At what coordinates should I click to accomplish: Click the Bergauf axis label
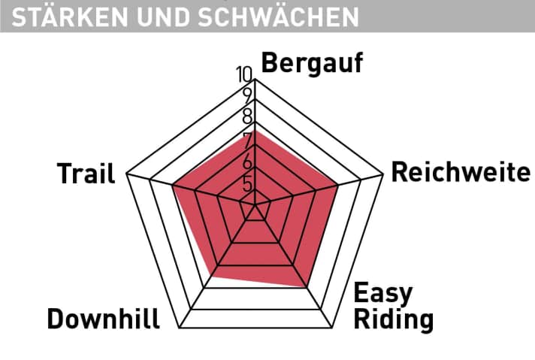(311, 65)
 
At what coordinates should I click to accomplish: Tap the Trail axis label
(86, 174)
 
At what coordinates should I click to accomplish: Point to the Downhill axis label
(103, 319)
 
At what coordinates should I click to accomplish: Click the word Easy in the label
(382, 293)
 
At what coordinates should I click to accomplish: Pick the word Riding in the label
(394, 319)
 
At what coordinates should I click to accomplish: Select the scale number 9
(247, 95)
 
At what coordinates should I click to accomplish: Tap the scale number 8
(247, 117)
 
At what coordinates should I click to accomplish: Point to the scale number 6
(247, 162)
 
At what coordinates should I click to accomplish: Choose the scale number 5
(247, 184)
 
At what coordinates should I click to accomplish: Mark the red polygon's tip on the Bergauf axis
(256, 130)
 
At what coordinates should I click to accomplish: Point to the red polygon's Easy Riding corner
(307, 286)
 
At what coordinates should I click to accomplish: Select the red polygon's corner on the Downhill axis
(211, 277)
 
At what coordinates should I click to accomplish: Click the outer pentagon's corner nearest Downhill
(177, 328)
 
